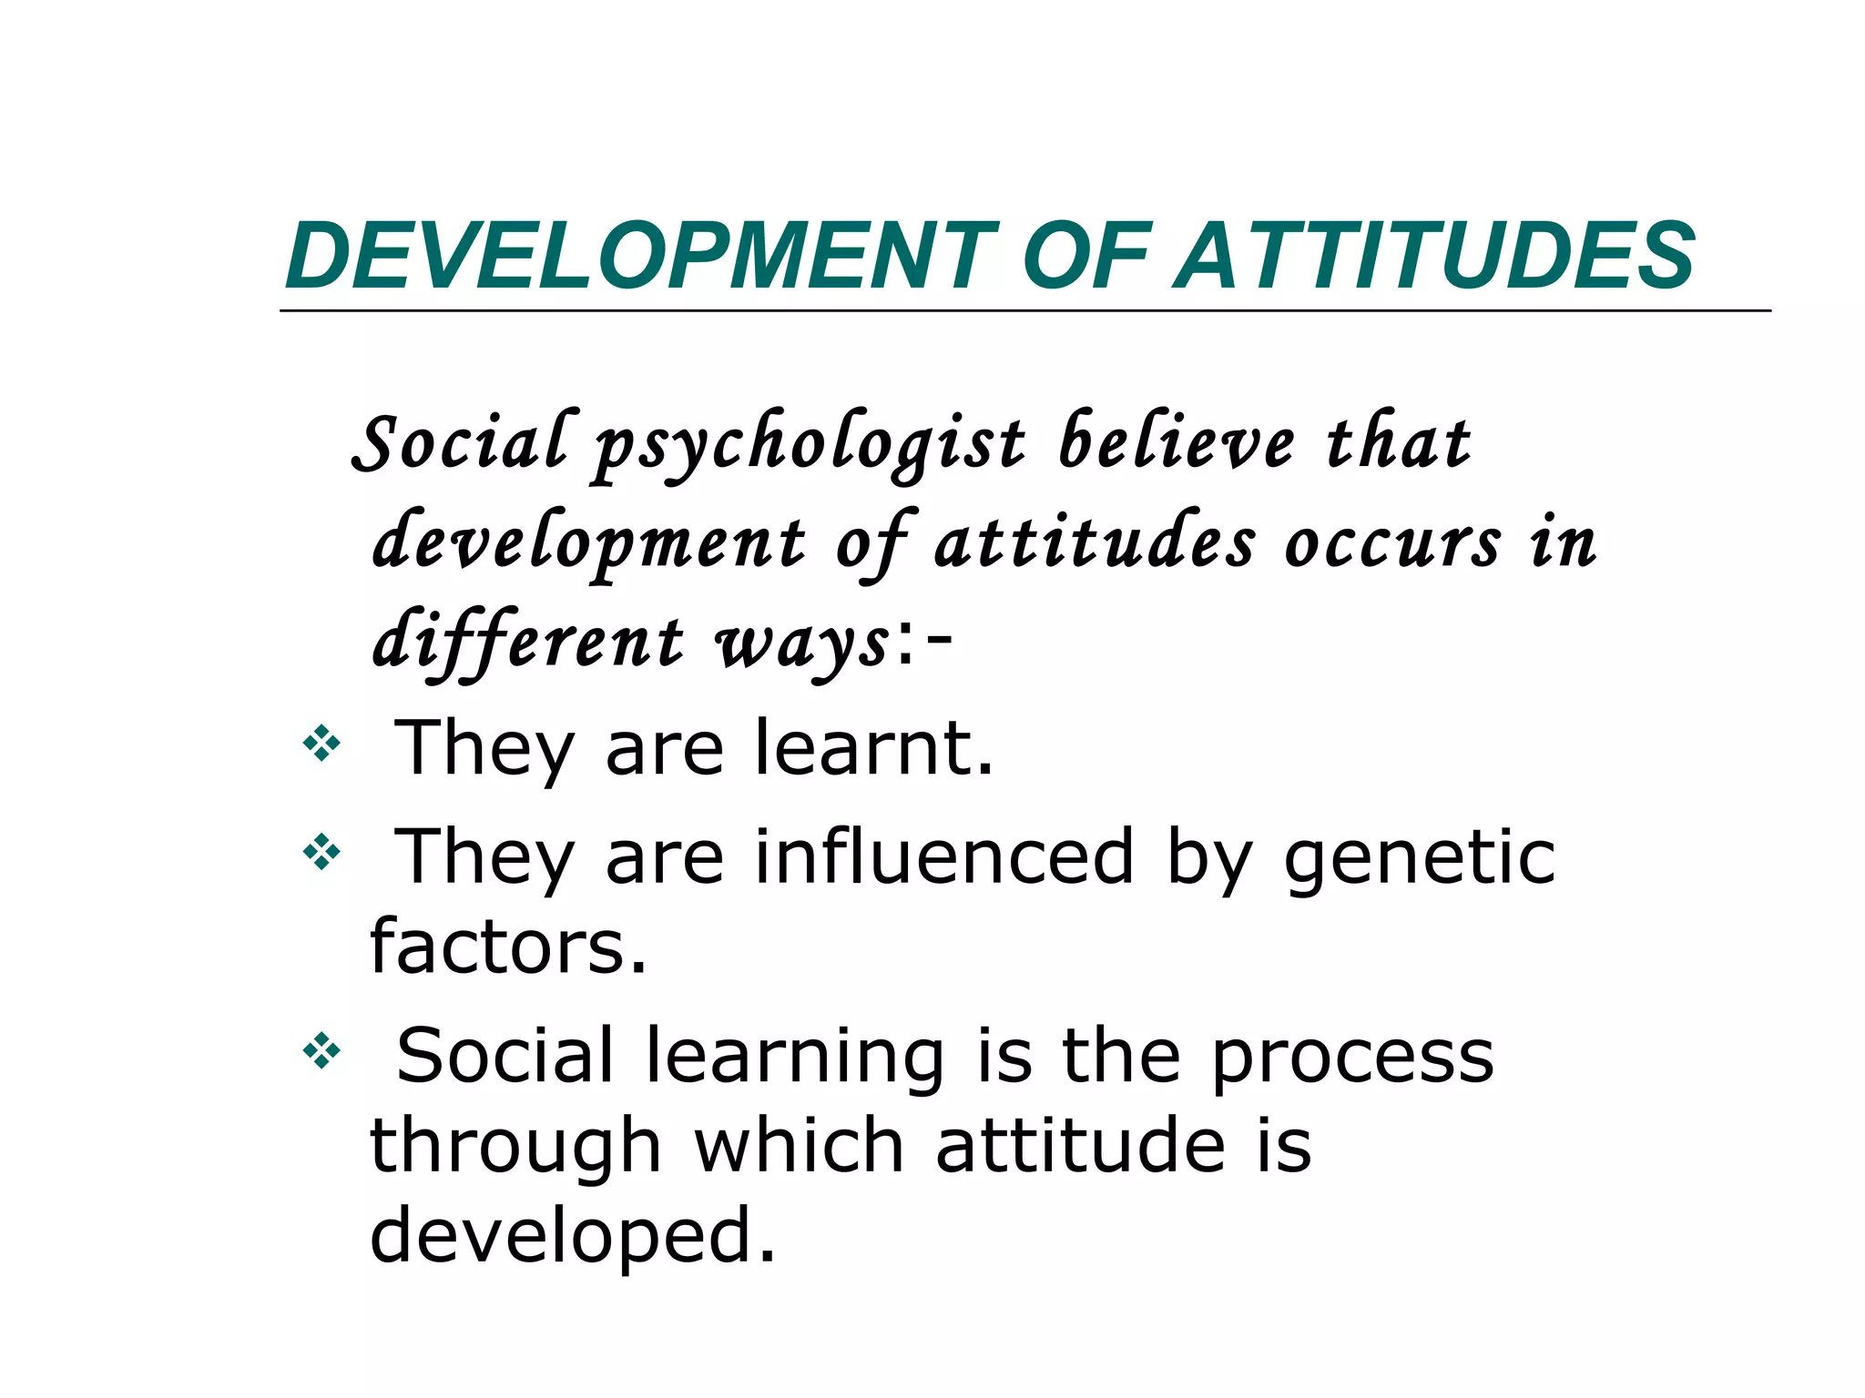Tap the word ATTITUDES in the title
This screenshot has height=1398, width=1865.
coord(1434,257)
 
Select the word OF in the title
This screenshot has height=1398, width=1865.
coord(1088,257)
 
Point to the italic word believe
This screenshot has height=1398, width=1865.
coord(1176,444)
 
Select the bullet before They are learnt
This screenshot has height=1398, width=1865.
coord(321,744)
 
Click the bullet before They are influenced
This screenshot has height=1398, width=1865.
coord(321,853)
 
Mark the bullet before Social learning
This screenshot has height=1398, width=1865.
coord(321,1051)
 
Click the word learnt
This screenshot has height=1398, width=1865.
coord(873,748)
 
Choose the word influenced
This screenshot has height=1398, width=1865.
coord(944,856)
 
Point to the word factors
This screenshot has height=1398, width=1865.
coord(507,947)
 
